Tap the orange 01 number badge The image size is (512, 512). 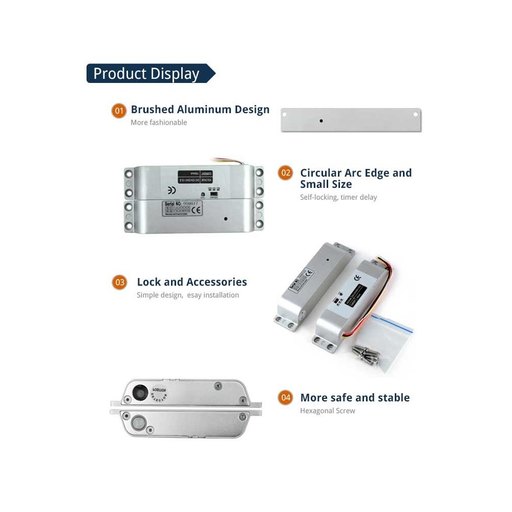(119, 110)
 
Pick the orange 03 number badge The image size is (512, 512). (119, 282)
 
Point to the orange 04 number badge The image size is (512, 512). (286, 398)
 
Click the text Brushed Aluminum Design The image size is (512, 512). (200, 109)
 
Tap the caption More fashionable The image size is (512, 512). (159, 122)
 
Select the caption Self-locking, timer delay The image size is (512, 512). (338, 197)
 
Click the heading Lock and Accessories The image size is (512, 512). (191, 282)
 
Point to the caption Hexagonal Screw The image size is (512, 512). (327, 411)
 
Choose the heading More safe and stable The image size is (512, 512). (355, 397)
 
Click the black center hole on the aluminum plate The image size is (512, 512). (321, 121)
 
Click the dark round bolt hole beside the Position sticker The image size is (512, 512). (139, 393)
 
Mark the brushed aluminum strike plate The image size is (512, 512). (351, 120)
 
